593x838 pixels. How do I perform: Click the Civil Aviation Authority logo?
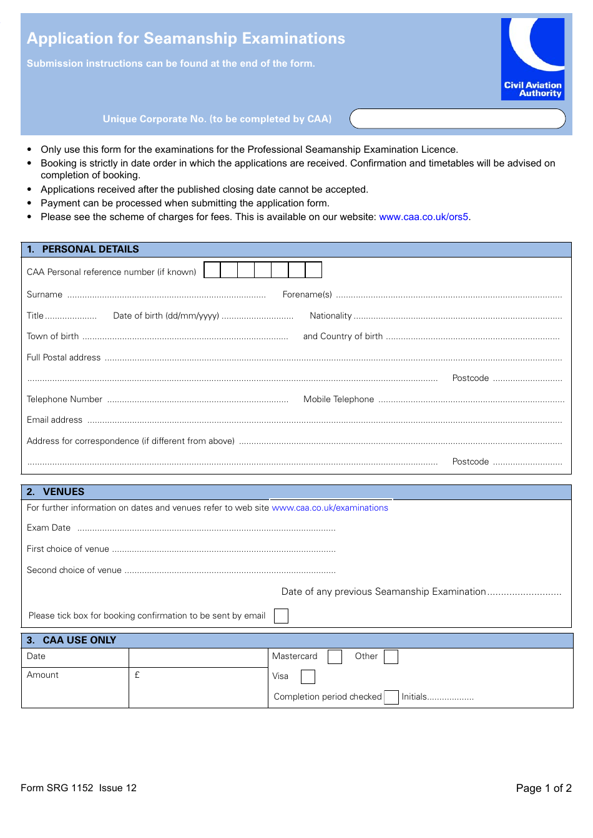(532, 59)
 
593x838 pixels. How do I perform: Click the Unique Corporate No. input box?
(457, 118)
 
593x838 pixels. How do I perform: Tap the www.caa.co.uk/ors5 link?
(424, 217)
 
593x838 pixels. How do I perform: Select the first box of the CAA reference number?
(212, 270)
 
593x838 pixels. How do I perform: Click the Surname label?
(44, 295)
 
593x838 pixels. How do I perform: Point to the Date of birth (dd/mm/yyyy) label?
(166, 316)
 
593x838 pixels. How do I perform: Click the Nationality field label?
(330, 316)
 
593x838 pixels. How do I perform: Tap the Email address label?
(54, 420)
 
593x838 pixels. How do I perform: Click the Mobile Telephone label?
(338, 400)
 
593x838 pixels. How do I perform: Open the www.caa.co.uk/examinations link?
(330, 508)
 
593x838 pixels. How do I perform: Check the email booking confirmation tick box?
(282, 616)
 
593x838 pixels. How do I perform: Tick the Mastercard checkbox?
(335, 657)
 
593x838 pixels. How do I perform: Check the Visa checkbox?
(308, 677)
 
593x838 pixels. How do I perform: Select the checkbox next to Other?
(391, 657)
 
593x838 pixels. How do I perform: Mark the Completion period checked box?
(391, 697)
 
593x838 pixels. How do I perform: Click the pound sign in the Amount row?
(137, 675)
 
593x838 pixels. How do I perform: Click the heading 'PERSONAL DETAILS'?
(91, 249)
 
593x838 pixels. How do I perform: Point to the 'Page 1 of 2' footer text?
(543, 788)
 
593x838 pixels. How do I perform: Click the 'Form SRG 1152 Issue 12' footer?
(79, 788)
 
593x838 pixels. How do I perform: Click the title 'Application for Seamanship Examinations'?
(186, 39)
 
